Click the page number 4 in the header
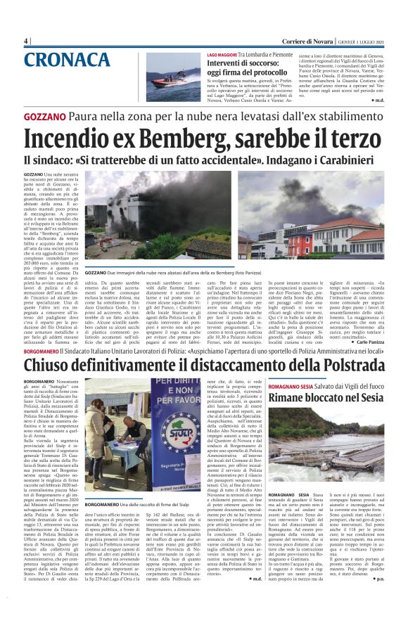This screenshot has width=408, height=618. point(26,41)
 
